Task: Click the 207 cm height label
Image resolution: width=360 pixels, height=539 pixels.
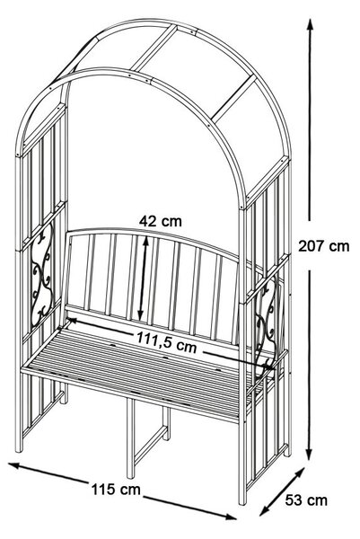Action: click(x=323, y=246)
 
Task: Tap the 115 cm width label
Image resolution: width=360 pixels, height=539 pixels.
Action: click(x=116, y=490)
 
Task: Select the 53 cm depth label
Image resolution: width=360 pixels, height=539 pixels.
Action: click(x=306, y=500)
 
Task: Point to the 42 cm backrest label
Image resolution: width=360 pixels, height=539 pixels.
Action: click(x=161, y=221)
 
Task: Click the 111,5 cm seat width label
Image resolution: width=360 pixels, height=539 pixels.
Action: click(x=167, y=342)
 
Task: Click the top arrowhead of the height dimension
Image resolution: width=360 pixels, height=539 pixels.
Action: click(x=310, y=24)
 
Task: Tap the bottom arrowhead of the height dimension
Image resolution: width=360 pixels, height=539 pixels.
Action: click(x=310, y=454)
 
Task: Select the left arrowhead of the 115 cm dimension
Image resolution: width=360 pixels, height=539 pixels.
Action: click(x=13, y=464)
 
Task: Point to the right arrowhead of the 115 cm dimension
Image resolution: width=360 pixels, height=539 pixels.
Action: click(x=231, y=517)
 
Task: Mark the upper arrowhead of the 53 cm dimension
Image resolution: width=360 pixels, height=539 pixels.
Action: click(x=300, y=473)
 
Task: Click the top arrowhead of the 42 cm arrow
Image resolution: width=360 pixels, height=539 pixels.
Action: click(x=145, y=242)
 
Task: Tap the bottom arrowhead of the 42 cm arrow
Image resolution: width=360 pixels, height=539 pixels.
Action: click(x=141, y=315)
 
